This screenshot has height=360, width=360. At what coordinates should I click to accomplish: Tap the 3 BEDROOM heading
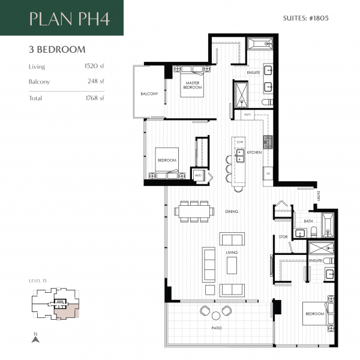57,49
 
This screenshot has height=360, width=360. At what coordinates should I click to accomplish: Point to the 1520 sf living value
95,67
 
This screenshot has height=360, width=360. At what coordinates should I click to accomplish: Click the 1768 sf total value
95,98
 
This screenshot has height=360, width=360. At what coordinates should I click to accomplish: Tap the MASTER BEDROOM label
192,86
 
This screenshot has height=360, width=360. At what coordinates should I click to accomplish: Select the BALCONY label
149,94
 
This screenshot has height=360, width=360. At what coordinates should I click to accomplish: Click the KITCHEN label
254,153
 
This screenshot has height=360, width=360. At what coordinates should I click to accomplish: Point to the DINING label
232,212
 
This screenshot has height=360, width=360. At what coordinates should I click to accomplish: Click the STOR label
283,237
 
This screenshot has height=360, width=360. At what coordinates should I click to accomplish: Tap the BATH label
308,221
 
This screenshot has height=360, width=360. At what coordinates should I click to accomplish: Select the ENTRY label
319,196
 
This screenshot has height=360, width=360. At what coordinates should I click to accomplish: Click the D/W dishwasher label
239,142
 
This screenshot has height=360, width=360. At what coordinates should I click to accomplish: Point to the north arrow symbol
35,338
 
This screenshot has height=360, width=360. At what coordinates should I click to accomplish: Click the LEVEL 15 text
38,280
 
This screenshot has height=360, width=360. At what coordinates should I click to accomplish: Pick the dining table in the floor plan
194,211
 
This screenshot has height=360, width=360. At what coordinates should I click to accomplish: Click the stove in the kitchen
268,142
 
